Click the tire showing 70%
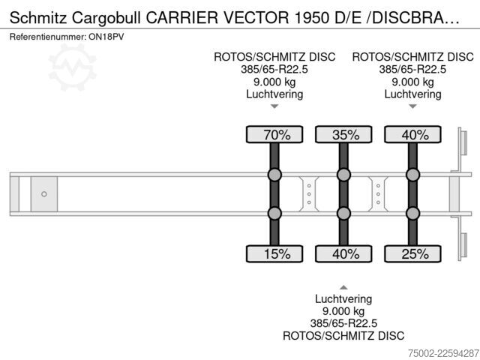click(274, 135)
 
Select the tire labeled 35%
click(343, 135)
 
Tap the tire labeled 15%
click(274, 253)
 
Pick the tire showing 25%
click(412, 253)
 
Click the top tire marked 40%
click(412, 135)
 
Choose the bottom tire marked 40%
click(343, 253)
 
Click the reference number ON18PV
click(106, 37)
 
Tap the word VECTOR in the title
click(256, 18)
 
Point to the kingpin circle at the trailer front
click(44, 194)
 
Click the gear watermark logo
click(73, 67)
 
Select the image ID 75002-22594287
click(443, 353)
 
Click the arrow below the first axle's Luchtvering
click(274, 106)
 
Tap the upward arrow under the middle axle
click(343, 287)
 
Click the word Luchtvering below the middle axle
click(343, 298)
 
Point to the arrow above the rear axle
click(412, 106)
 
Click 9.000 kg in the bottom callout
click(343, 311)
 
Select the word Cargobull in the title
click(106, 18)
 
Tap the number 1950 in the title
click(312, 18)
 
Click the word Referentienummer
click(47, 37)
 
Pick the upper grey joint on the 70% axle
click(274, 175)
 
